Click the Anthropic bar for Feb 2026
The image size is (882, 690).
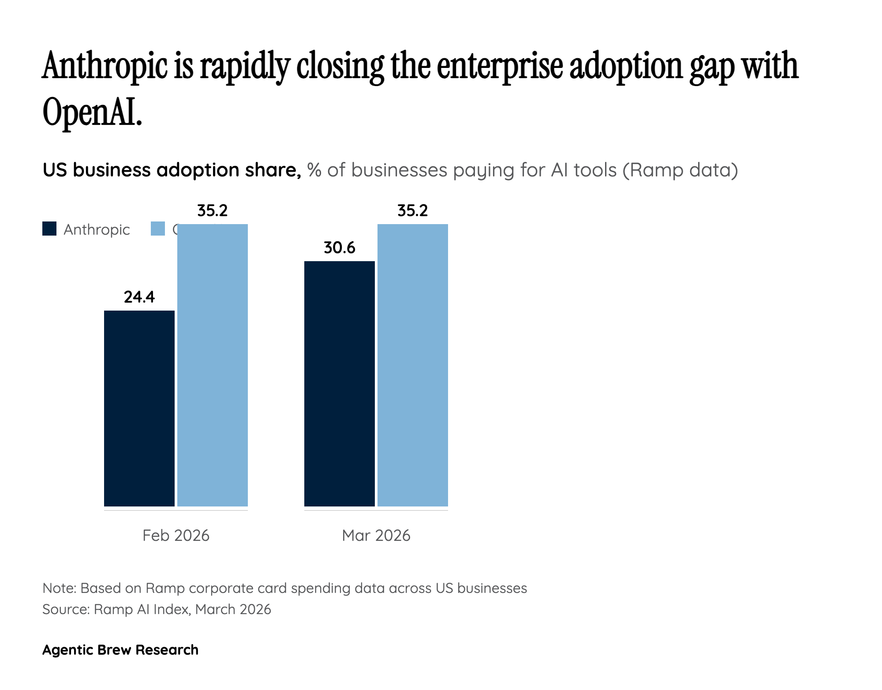[139, 408]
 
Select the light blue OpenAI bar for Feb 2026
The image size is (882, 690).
[213, 365]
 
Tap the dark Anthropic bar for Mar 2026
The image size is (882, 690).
[340, 384]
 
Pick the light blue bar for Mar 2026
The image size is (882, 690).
[413, 365]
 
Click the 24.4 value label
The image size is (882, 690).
[139, 297]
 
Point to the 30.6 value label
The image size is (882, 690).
[340, 248]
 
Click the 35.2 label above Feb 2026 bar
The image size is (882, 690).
[213, 211]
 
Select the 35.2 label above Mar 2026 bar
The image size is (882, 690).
[413, 211]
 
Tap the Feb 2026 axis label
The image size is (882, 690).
[176, 535]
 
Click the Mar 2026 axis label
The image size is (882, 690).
[376, 535]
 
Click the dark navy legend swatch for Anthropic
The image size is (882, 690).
[49, 229]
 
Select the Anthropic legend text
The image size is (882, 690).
[97, 229]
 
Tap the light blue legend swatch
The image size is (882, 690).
[158, 229]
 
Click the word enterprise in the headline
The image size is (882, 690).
[500, 66]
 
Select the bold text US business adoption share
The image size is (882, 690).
[172, 170]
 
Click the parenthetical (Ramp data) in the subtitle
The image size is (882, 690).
[680, 170]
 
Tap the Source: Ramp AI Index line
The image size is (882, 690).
[157, 609]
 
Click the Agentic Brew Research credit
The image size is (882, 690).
[120, 650]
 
